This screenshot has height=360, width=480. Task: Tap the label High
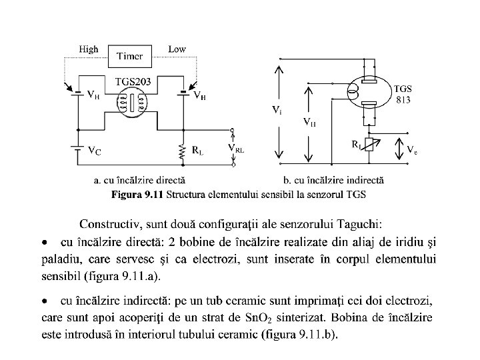89,49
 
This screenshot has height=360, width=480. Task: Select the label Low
177,49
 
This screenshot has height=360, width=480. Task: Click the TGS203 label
133,81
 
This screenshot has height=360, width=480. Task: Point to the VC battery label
95,151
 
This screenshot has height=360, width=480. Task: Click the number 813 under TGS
403,100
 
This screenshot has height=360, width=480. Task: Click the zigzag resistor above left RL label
181,152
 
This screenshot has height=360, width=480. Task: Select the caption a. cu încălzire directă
139,180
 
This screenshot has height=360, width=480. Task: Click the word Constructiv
106,223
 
